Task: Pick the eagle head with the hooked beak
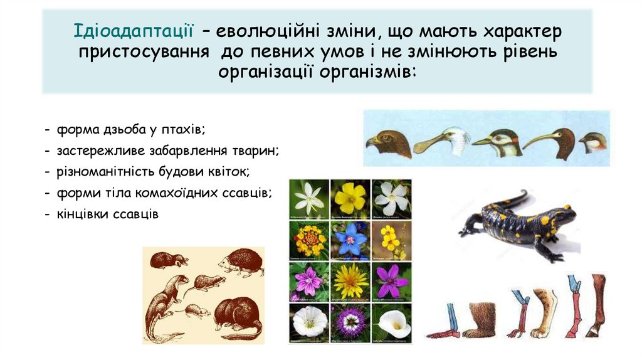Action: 389,144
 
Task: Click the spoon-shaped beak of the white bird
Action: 427,145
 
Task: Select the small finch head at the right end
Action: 592,142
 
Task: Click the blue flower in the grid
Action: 350,239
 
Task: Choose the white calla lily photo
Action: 391,320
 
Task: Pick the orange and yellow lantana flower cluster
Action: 308,239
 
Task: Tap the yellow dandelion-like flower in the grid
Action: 350,280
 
